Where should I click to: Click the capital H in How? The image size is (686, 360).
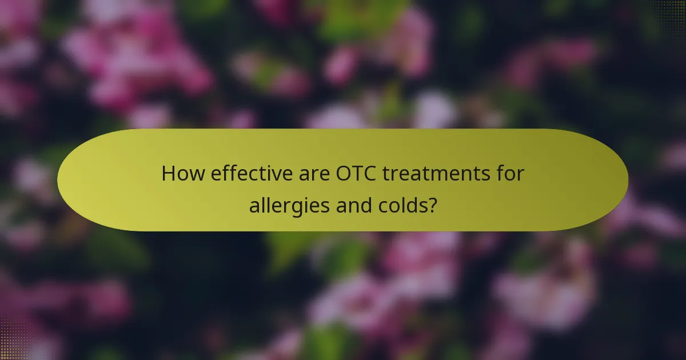[x=167, y=173]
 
